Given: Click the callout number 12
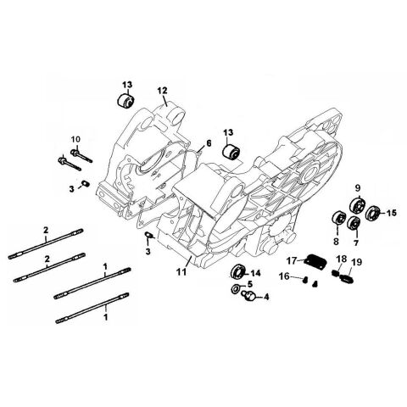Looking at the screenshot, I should [162, 90].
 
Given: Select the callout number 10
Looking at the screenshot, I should [75, 138].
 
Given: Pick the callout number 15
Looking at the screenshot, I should [392, 214].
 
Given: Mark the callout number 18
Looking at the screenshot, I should [341, 259].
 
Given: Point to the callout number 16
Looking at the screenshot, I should [285, 276].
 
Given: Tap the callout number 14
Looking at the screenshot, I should [255, 272].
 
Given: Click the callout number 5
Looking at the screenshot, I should [250, 284].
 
